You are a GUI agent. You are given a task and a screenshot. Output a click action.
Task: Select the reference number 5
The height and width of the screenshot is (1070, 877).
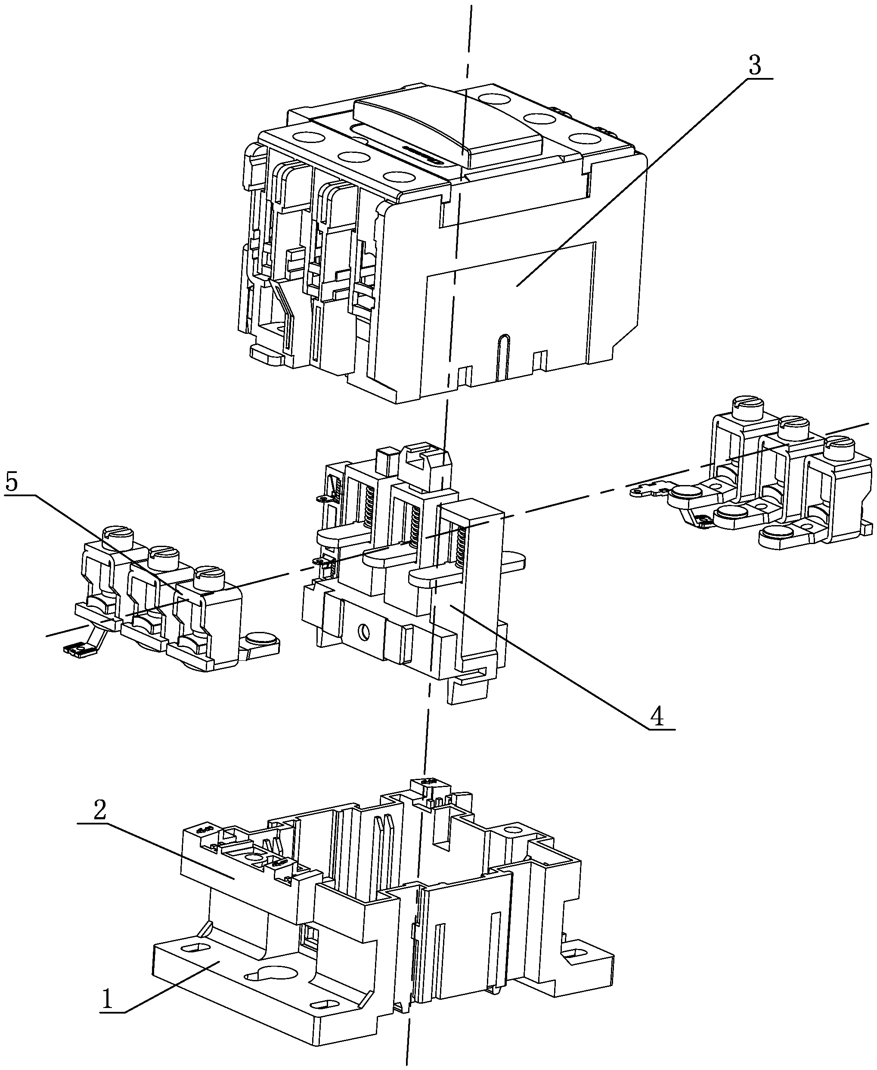pyautogui.click(x=11, y=483)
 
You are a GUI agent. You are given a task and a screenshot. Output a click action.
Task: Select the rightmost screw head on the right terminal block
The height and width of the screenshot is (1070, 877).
pyautogui.click(x=839, y=445)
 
